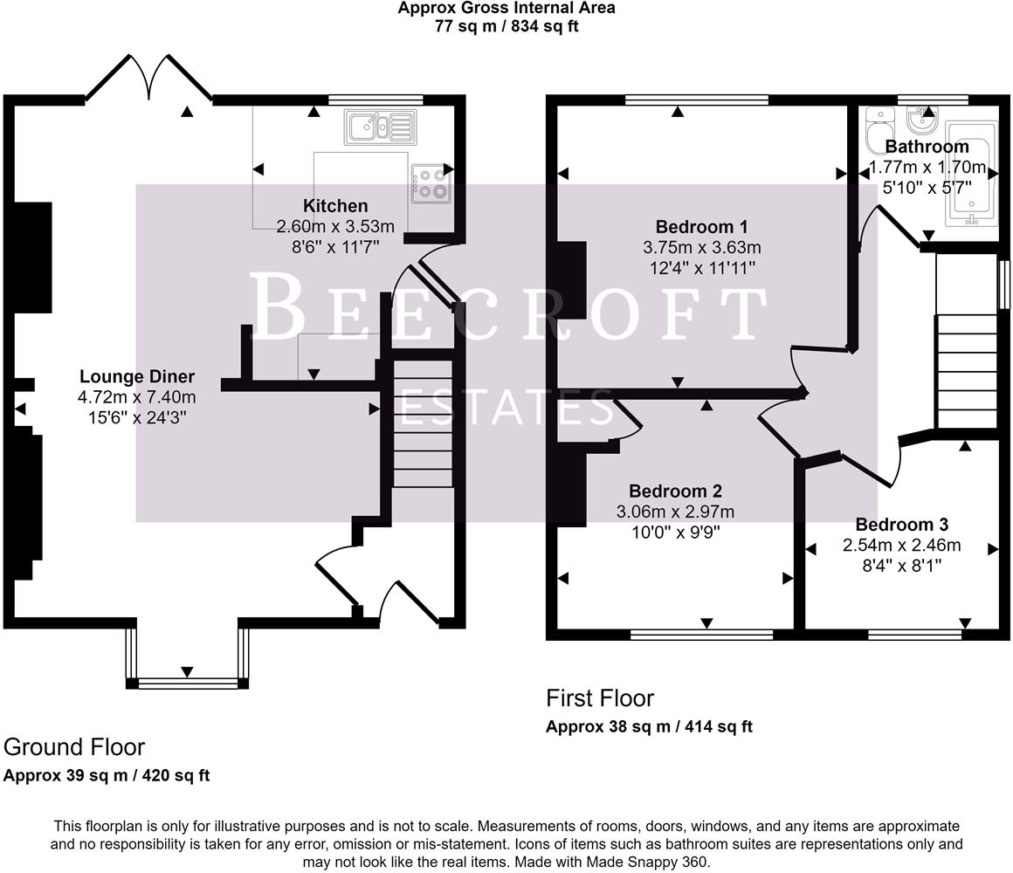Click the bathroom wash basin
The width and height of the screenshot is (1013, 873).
[x=919, y=116]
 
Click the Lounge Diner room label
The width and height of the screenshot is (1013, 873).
[x=137, y=377]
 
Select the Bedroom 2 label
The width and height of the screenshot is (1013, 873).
[x=675, y=491]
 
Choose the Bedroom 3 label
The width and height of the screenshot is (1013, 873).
[x=901, y=525]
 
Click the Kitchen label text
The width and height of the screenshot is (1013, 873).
[x=335, y=206]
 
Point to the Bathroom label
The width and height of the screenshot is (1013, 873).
[x=927, y=147]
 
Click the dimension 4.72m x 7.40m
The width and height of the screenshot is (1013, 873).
[x=136, y=398]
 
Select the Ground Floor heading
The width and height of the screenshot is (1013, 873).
[x=74, y=747]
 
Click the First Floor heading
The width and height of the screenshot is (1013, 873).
[x=599, y=698]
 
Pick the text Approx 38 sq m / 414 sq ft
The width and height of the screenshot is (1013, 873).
[x=649, y=726]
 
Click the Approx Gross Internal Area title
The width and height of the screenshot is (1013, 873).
[x=507, y=9]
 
